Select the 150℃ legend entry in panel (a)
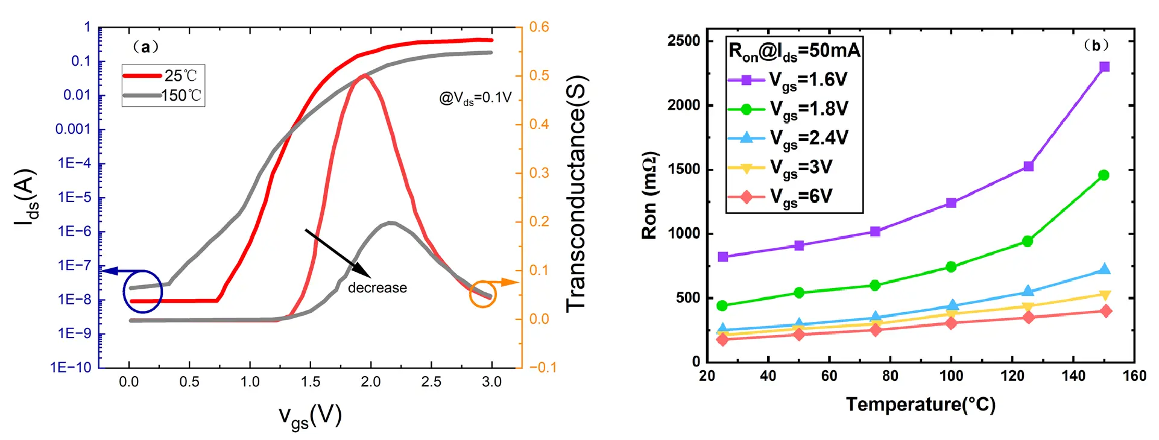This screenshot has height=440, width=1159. click(x=163, y=95)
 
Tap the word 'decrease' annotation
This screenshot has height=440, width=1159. click(x=377, y=288)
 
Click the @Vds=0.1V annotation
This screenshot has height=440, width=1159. click(x=475, y=98)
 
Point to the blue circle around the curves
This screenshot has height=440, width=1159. click(x=143, y=292)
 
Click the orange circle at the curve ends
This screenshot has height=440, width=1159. click(x=482, y=294)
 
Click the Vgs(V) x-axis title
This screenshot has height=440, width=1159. click(x=310, y=416)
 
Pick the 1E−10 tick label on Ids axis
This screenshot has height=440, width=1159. click(x=71, y=368)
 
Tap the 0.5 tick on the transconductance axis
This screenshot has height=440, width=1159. click(x=539, y=76)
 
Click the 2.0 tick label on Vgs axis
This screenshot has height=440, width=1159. click(x=370, y=382)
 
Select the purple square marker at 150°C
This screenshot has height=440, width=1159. click(x=1104, y=67)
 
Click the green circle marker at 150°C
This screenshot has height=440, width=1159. click(x=1104, y=175)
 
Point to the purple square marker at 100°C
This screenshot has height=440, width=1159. click(x=951, y=203)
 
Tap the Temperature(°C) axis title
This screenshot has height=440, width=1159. click(x=920, y=404)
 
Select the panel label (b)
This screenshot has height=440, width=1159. click(x=1096, y=46)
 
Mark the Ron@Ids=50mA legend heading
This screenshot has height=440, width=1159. click(x=794, y=51)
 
